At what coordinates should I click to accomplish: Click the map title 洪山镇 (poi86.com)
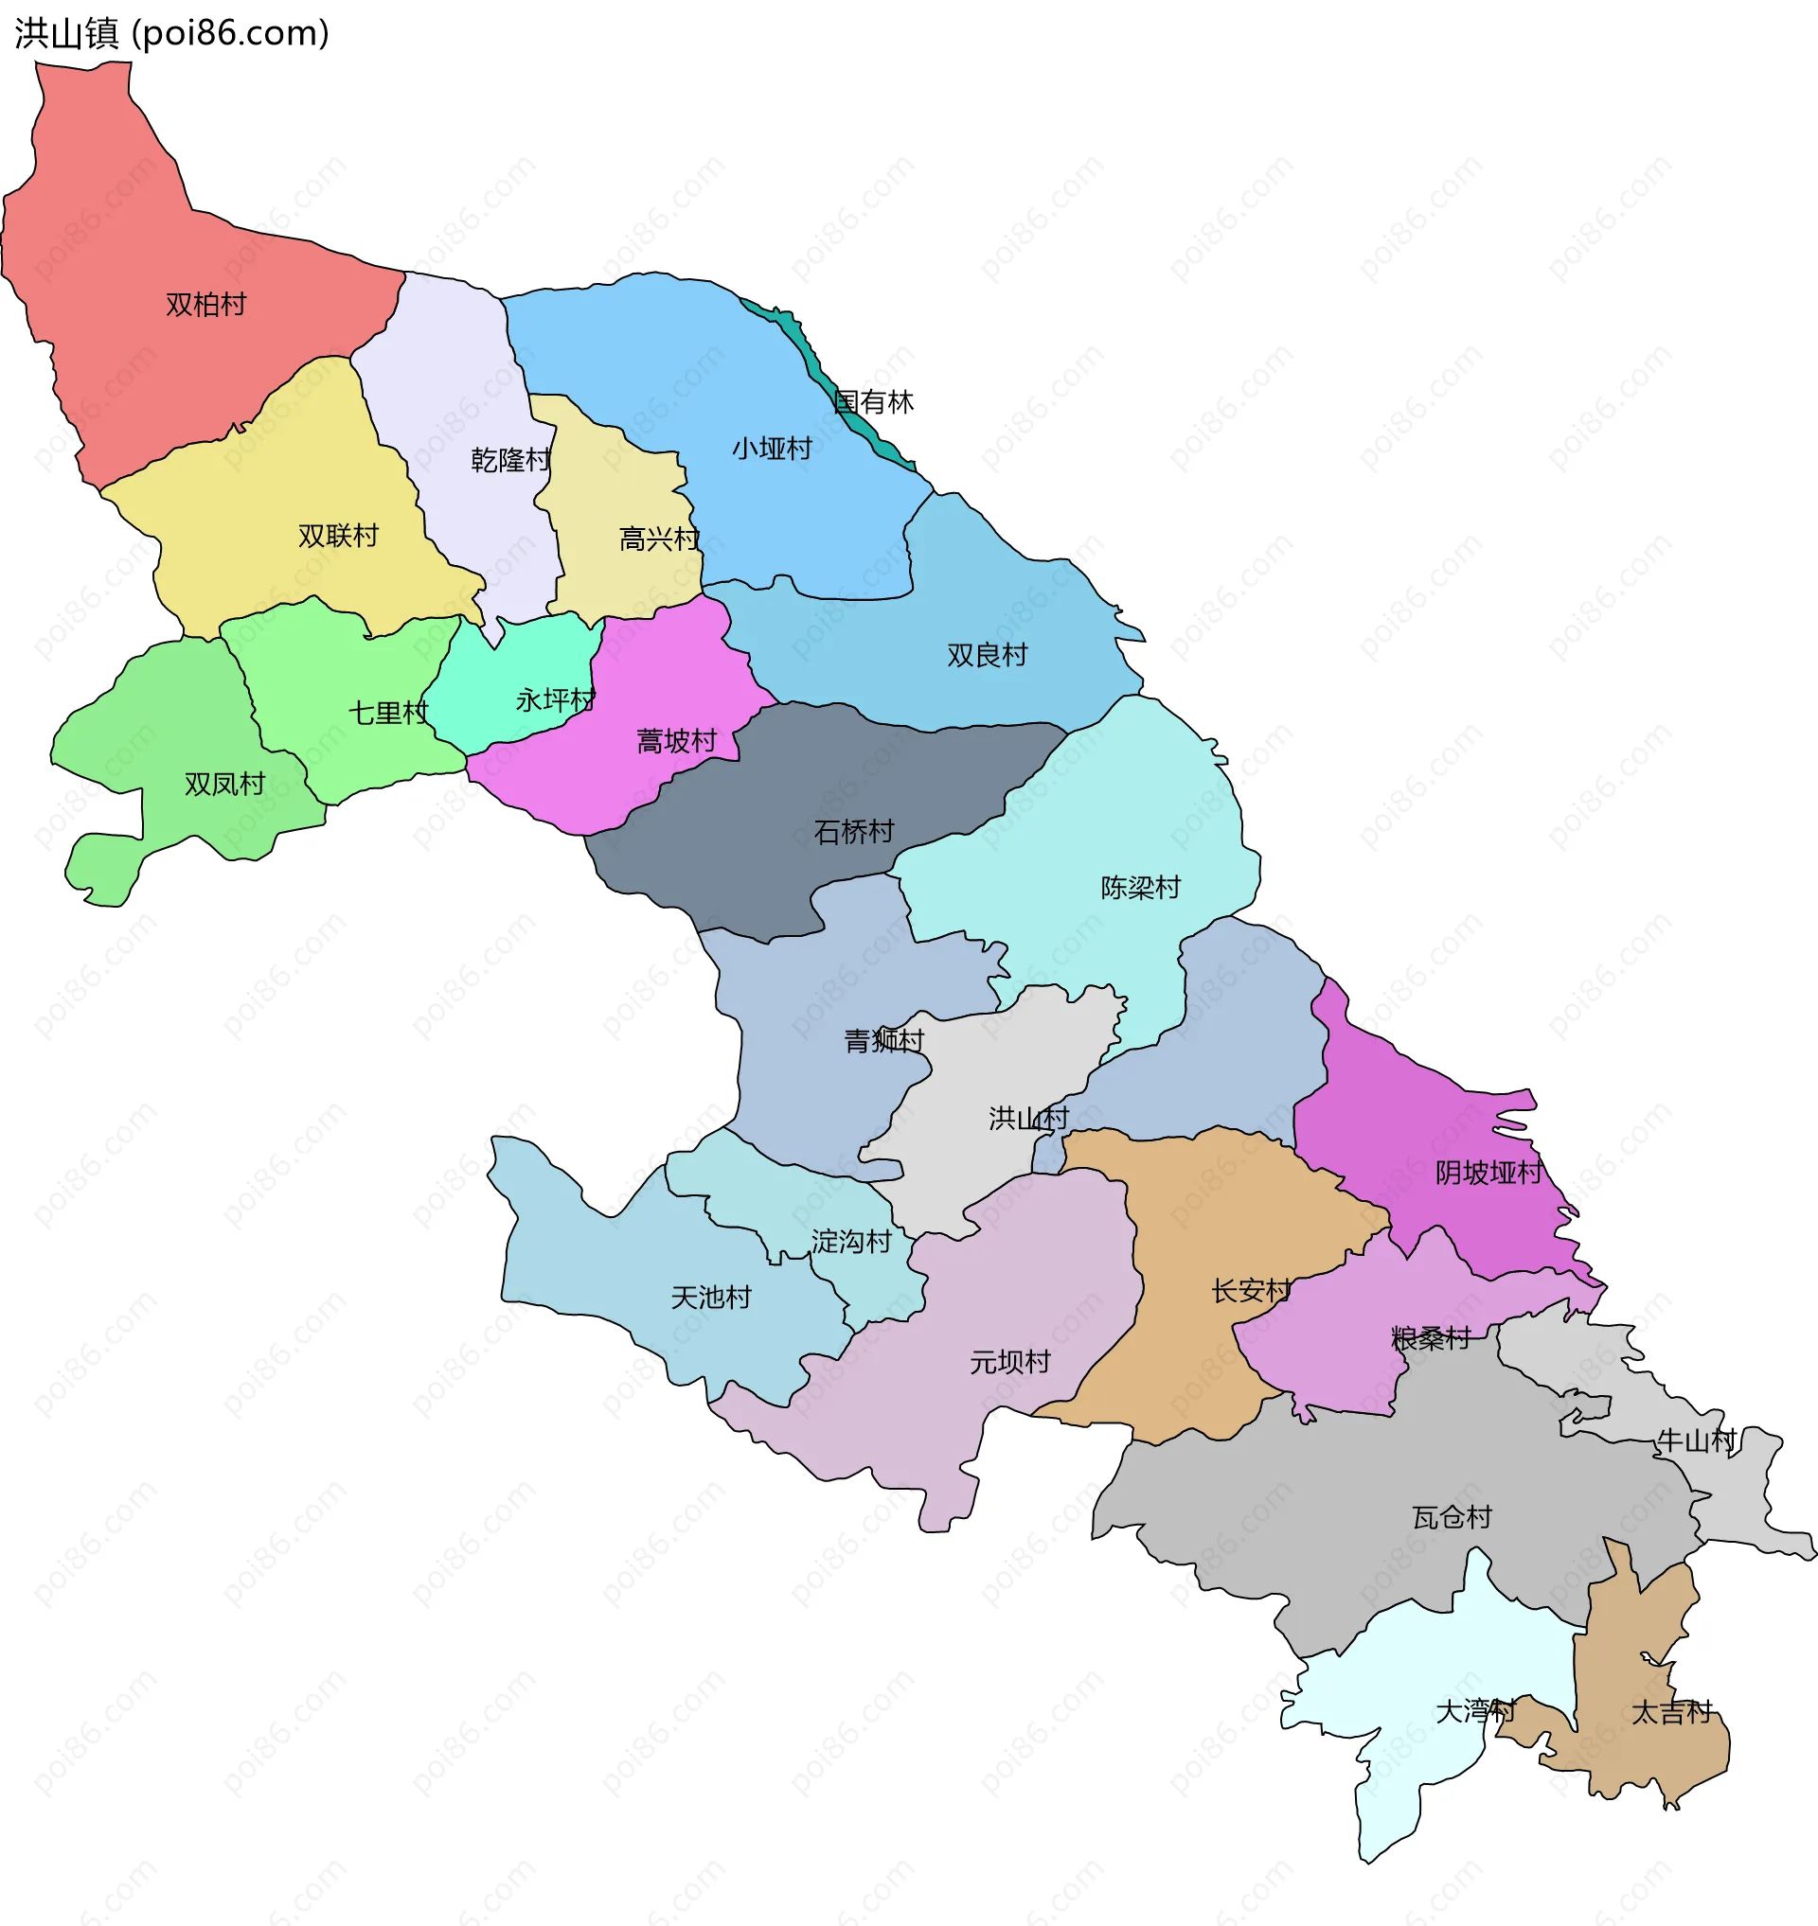pos(172,34)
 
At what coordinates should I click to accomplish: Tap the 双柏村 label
pos(205,305)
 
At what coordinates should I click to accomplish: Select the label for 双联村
pos(337,536)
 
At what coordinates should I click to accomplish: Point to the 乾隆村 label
pos(510,460)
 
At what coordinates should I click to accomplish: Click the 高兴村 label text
pos(659,539)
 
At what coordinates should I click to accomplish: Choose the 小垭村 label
pos(772,450)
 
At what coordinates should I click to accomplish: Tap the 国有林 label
pos(874,403)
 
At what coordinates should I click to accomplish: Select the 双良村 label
pos(987,656)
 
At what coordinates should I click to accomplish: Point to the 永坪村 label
pos(555,700)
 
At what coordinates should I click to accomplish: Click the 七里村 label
pos(387,714)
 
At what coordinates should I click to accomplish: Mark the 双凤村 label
pos(224,785)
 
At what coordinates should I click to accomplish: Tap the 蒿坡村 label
pos(676,742)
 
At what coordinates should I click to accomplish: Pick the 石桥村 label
pos(854,832)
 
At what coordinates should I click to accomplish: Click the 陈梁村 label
pos(1141,889)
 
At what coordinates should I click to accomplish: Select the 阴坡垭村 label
pos(1488,1175)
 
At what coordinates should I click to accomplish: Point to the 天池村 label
pos(711,1299)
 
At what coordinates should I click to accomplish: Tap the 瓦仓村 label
pos(1452,1518)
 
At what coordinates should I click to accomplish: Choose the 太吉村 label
pos(1672,1713)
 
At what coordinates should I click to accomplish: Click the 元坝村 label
pos(1009,1363)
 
